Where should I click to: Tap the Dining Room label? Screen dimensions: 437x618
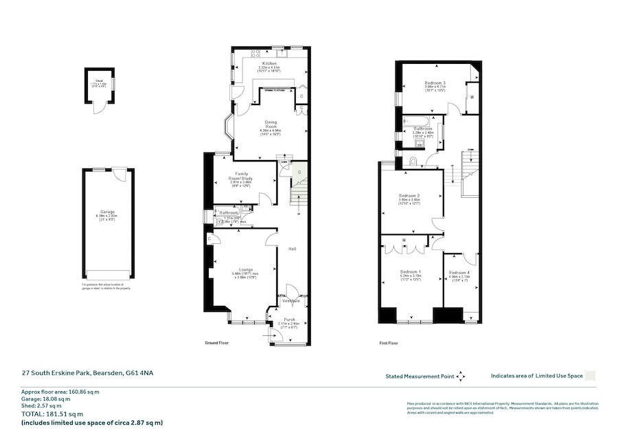pos(271,124)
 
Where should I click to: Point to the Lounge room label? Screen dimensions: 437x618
pos(246,269)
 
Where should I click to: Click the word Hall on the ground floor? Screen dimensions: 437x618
pos(292,249)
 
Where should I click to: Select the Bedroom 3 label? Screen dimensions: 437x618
pos(435,83)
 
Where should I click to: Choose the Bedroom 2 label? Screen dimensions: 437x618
pos(409,196)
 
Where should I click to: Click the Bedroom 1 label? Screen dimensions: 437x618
pos(411,272)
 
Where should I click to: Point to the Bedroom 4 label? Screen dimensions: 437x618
pos(459,272)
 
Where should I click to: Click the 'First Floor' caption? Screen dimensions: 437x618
pos(389,342)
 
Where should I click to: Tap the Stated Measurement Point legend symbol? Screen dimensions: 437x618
pos(461,377)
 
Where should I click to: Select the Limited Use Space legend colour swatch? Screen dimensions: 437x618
pos(591,375)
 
